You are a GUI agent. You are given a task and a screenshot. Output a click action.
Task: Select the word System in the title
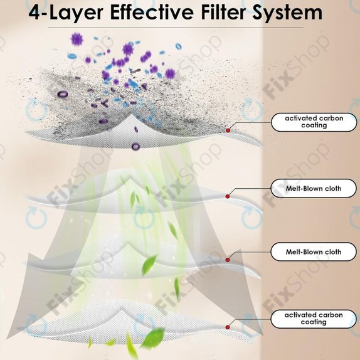pos(287,13)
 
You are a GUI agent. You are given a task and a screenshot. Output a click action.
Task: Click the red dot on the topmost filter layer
pos(228,130)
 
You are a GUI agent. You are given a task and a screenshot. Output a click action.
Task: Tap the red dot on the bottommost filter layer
pos(228,327)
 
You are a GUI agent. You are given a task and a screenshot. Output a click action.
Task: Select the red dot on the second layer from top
pos(228,196)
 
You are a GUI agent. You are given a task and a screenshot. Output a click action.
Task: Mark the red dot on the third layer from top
pos(228,260)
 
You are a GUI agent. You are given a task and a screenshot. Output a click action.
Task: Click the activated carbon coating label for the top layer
pos(314,122)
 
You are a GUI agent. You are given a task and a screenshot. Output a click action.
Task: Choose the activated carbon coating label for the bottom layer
pos(314,319)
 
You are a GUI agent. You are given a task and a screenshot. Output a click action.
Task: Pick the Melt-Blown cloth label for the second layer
pos(314,188)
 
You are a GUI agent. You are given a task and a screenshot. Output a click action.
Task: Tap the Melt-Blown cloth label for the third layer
pos(314,251)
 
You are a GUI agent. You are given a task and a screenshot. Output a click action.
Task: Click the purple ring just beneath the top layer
pos(135,146)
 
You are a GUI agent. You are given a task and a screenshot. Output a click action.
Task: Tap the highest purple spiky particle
pos(77,40)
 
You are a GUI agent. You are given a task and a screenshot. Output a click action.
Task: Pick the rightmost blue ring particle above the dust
pos(178,46)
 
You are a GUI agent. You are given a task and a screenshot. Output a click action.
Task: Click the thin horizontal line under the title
pos(176,28)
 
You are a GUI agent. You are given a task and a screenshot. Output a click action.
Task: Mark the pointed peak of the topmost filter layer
pos(131,114)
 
